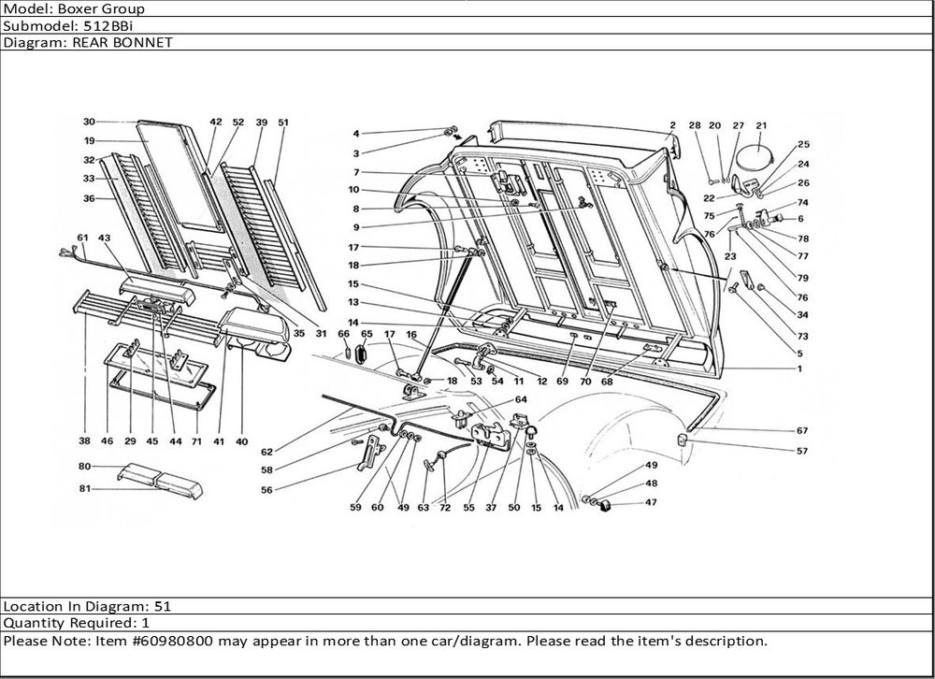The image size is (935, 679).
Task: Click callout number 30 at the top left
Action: click(89, 122)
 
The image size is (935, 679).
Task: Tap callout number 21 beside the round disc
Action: click(761, 125)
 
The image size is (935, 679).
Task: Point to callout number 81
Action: click(83, 488)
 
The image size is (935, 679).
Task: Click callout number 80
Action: click(83, 466)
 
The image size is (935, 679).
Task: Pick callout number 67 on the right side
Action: click(802, 431)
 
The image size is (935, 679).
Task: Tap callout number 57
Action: click(802, 451)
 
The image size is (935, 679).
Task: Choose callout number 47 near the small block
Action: click(651, 502)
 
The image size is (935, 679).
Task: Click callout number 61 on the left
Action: click(82, 237)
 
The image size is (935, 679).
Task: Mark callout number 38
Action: click(84, 441)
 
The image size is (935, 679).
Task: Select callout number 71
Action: click(196, 441)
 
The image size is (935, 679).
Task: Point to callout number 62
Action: click(266, 452)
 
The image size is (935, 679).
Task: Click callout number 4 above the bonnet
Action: click(355, 134)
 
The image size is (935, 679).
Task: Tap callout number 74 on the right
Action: click(802, 203)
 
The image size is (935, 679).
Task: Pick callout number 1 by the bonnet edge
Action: click(799, 368)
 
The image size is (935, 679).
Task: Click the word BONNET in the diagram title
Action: click(144, 43)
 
